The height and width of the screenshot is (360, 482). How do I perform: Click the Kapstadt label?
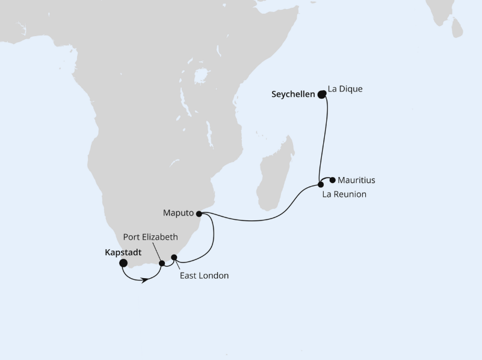[x=122, y=253]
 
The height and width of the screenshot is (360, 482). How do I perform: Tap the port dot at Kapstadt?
[x=123, y=263]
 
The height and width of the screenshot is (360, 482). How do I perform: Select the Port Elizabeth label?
[x=151, y=237]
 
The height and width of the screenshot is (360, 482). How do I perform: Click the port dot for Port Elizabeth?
[x=162, y=263]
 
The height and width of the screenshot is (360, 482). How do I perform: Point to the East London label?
[x=205, y=276]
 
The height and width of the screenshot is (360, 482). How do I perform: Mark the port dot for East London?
[x=174, y=258]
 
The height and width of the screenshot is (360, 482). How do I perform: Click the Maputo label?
[x=178, y=213]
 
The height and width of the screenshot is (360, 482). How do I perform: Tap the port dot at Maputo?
[x=199, y=213]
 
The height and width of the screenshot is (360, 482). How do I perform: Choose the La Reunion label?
[x=344, y=194]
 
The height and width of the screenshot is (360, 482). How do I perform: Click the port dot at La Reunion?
[x=321, y=185]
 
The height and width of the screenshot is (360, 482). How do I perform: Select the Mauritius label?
[x=356, y=180]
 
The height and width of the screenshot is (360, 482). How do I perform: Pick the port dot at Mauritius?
[x=332, y=179]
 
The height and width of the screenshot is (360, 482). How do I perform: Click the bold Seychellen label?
[x=293, y=95]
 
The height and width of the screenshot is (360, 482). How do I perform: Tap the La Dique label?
[x=345, y=90]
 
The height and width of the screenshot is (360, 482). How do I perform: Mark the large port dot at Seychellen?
[x=322, y=94]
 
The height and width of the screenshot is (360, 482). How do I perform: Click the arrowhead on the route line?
[x=144, y=280]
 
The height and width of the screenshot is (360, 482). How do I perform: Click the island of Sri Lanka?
[x=457, y=27]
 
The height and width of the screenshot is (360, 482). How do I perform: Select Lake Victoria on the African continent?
[x=201, y=76]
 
